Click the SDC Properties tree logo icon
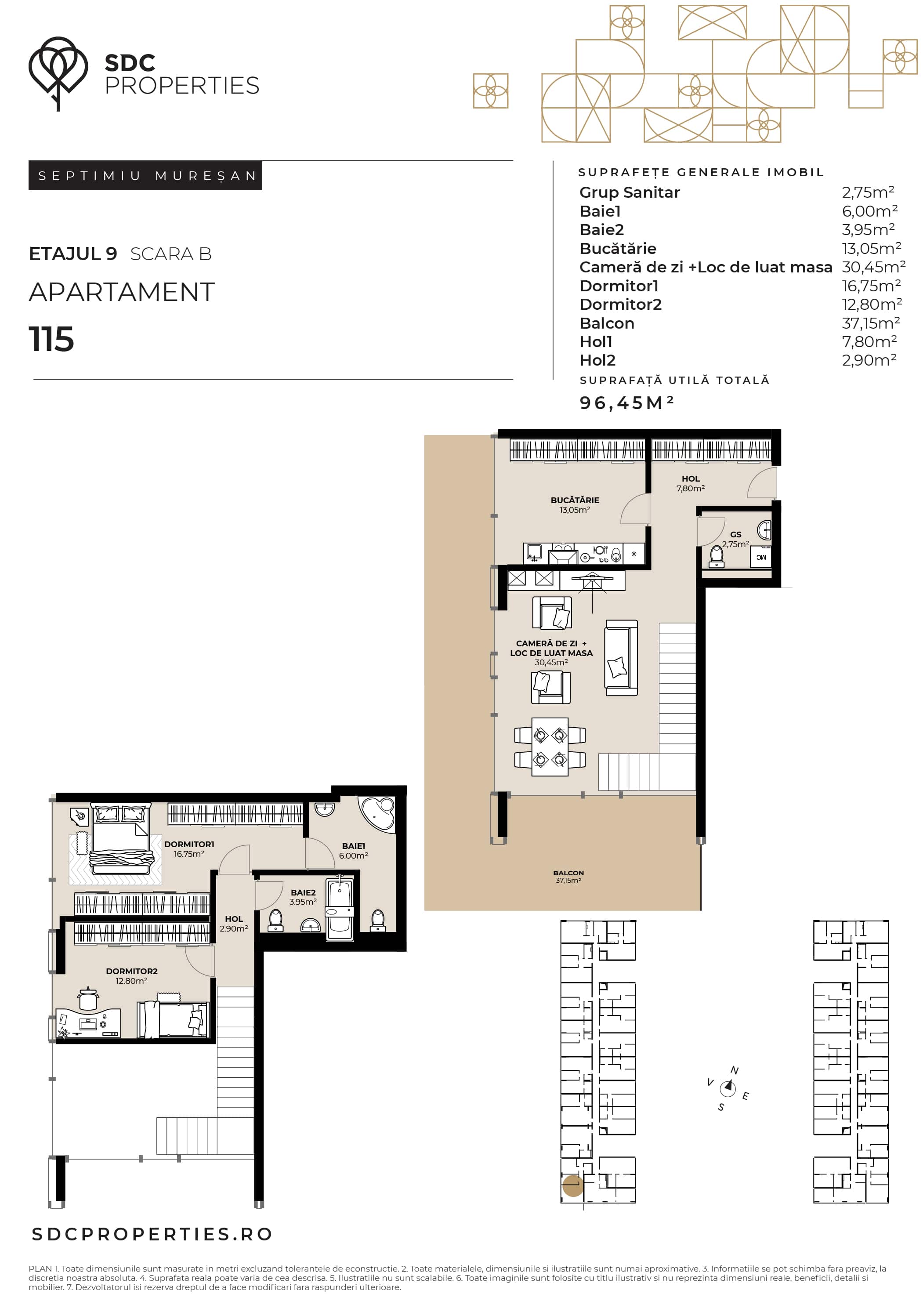point(58,73)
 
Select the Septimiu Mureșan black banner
point(145,176)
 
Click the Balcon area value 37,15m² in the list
point(870,323)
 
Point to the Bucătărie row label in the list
point(618,248)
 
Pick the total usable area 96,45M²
point(627,402)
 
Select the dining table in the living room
point(550,746)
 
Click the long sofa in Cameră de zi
point(621,658)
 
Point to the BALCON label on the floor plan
point(568,873)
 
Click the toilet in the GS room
point(717,556)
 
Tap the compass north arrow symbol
point(728,1088)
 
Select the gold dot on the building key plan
point(573,1186)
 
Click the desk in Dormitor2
point(88,1022)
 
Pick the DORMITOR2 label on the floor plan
point(132,971)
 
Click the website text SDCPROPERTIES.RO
point(152,1234)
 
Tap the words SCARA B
point(170,254)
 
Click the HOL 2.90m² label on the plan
point(234,924)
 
